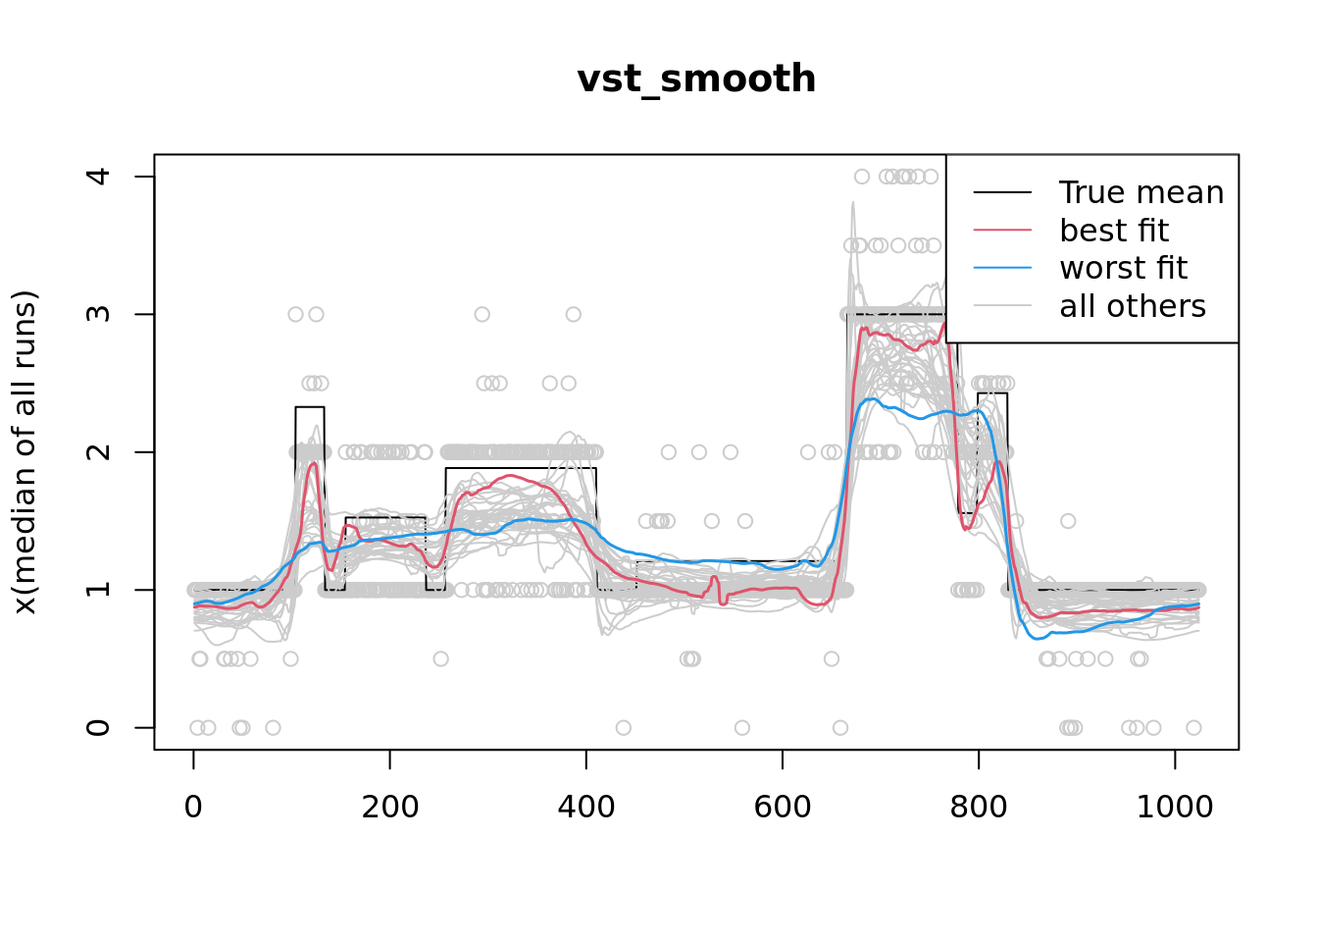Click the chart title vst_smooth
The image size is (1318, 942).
pyautogui.click(x=696, y=79)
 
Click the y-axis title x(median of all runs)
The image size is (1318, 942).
pyautogui.click(x=25, y=452)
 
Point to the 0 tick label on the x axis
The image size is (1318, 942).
pyautogui.click(x=193, y=807)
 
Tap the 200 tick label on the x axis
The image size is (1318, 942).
pyautogui.click(x=389, y=807)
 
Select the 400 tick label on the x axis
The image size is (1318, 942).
pyautogui.click(x=585, y=807)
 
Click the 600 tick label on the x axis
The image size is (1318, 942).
pyautogui.click(x=782, y=807)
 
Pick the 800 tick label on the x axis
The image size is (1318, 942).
pyautogui.click(x=978, y=807)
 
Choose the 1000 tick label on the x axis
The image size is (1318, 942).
pyautogui.click(x=1174, y=807)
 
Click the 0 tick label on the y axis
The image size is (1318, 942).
pyautogui.click(x=98, y=727)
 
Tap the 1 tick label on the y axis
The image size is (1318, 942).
pyautogui.click(x=98, y=590)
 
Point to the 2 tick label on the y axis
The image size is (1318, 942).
pyautogui.click(x=98, y=452)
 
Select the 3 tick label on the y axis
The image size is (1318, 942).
pyautogui.click(x=98, y=314)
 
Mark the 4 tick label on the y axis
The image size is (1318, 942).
pyautogui.click(x=98, y=177)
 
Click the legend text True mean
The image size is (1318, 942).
pyautogui.click(x=1141, y=192)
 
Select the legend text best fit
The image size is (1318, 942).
pyautogui.click(x=1114, y=231)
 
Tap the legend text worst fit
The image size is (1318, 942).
pyautogui.click(x=1123, y=268)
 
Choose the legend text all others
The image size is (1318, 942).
pyautogui.click(x=1133, y=306)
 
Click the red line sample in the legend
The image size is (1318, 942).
pyautogui.click(x=1002, y=231)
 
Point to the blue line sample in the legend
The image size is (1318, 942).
pyautogui.click(x=1002, y=268)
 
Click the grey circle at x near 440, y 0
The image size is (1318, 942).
pyautogui.click(x=624, y=727)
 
